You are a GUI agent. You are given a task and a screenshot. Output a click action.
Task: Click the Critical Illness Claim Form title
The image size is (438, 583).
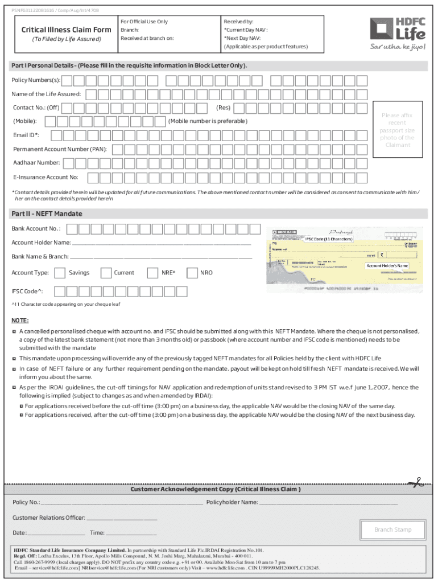tap(66, 30)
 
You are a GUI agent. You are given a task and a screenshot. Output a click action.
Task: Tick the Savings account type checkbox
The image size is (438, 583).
tap(60, 273)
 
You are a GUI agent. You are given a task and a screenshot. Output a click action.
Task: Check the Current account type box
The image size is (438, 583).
tap(106, 273)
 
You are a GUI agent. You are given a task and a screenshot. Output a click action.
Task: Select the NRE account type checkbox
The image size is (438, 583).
tap(153, 273)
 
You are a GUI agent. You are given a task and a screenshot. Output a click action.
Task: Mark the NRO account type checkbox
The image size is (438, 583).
tap(192, 273)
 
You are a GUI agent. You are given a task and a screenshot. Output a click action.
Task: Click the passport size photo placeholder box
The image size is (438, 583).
tap(397, 130)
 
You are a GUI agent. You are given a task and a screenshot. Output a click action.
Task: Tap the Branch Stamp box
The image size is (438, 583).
tap(392, 530)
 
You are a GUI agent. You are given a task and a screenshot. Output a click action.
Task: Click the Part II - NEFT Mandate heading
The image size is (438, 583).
tap(47, 214)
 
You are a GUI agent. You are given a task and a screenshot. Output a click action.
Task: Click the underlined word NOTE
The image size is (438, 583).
tap(20, 321)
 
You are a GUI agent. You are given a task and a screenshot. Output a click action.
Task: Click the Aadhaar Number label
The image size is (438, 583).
tap(36, 163)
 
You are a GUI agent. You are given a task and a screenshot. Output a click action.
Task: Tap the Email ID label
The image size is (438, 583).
tap(26, 136)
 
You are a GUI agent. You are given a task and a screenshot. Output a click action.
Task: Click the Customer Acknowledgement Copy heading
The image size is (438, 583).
tap(216, 490)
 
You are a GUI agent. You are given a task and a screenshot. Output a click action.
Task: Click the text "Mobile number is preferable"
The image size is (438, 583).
tap(208, 121)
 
